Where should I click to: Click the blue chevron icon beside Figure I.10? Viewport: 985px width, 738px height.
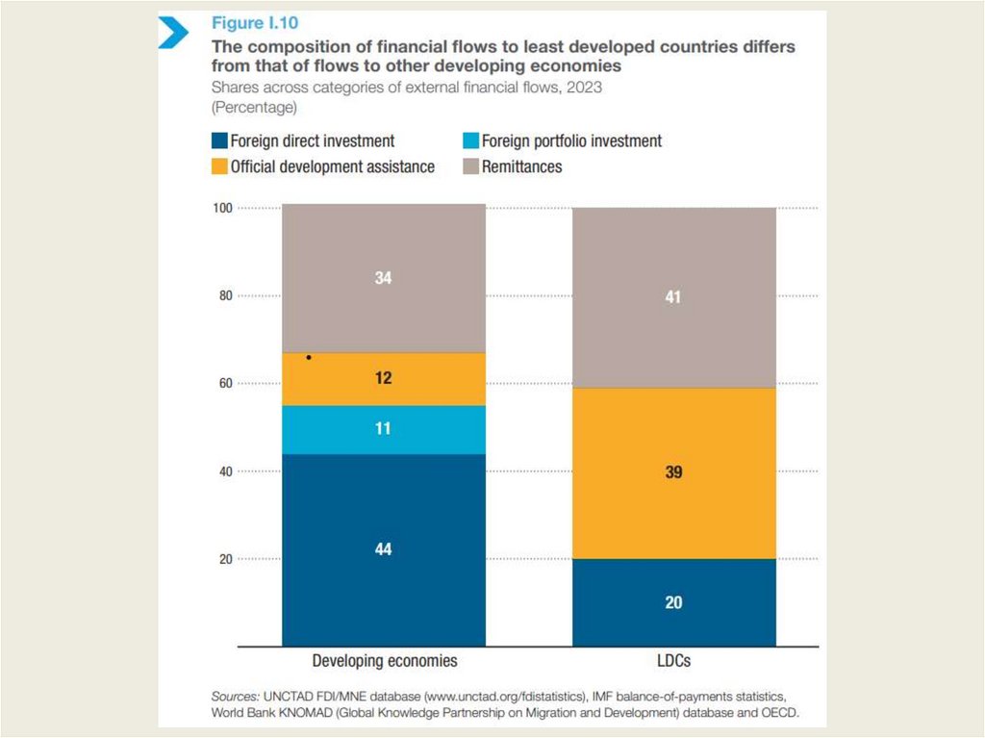(173, 33)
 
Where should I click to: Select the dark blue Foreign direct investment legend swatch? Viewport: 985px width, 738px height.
(218, 141)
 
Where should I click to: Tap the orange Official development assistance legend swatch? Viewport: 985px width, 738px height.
(218, 166)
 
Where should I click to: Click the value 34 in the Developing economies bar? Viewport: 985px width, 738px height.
(383, 278)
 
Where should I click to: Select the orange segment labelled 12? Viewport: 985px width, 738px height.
(383, 379)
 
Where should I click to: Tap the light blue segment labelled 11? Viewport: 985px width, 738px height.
(383, 429)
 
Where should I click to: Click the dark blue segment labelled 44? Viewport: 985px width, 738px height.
(383, 549)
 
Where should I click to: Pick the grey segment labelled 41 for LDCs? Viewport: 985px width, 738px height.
(673, 297)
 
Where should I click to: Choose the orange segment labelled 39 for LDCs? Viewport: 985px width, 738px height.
(673, 472)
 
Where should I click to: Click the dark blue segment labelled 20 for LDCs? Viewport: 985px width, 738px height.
(673, 602)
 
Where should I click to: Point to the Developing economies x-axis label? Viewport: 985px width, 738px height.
(384, 662)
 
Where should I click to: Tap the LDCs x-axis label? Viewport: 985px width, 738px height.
(673, 662)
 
